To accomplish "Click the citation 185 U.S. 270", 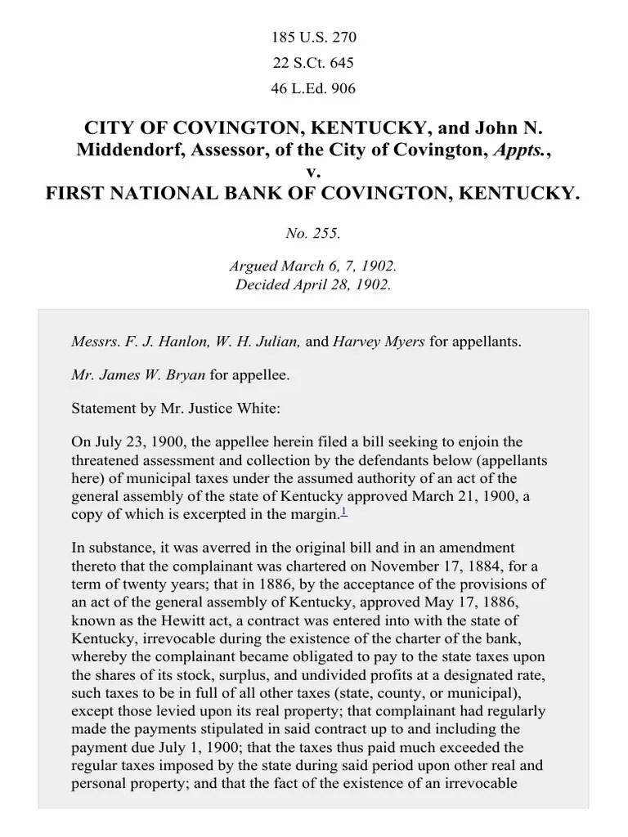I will pyautogui.click(x=313, y=37).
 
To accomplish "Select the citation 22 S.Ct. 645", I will pyautogui.click(x=313, y=62).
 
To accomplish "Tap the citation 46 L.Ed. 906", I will pyautogui.click(x=313, y=88).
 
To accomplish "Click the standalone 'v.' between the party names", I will pyautogui.click(x=313, y=172).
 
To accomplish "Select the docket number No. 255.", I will pyautogui.click(x=313, y=234).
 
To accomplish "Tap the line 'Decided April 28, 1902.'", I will pyautogui.click(x=313, y=285).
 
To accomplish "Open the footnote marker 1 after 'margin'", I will pyautogui.click(x=344, y=512).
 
